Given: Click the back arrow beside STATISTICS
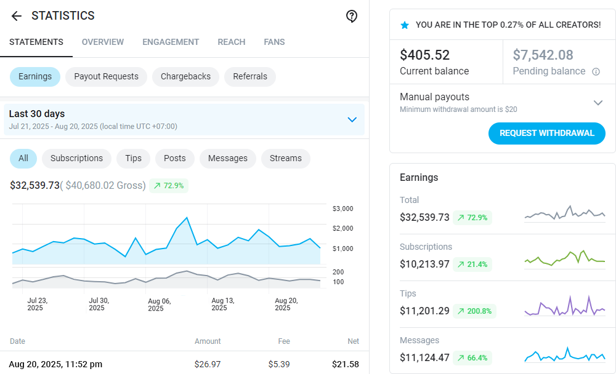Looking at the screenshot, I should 17,16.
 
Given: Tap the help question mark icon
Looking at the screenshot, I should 352,17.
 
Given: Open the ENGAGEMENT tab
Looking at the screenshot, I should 171,42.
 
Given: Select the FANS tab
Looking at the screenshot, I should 274,42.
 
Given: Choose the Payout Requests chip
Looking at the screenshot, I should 106,77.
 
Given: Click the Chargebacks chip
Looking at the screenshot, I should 185,77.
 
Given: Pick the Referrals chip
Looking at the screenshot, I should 250,77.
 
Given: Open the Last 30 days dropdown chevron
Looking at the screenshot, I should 352,119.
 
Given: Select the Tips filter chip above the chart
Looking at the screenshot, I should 133,159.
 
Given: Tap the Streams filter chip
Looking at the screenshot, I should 286,159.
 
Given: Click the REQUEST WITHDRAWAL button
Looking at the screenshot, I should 547,133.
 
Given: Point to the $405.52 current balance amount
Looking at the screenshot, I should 425,55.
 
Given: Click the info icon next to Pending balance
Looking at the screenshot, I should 596,72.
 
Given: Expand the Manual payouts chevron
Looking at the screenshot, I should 598,103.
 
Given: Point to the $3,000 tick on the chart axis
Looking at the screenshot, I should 342,209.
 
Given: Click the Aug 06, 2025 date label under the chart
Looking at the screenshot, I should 160,304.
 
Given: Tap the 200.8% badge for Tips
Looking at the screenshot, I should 474,311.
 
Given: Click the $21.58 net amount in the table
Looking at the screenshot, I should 345,364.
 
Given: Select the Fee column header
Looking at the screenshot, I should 283,341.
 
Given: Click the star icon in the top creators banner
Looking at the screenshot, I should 405,25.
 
